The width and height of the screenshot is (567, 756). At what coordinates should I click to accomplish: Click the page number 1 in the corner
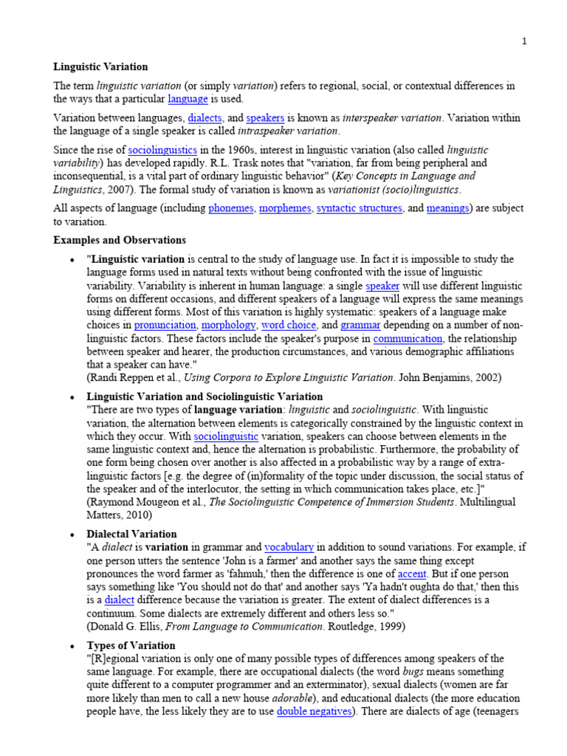coord(524,41)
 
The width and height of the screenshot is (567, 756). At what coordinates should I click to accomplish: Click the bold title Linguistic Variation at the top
coord(100,67)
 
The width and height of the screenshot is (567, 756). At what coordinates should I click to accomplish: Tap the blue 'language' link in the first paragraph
coord(188,99)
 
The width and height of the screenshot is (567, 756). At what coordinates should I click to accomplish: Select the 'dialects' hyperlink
coord(205,118)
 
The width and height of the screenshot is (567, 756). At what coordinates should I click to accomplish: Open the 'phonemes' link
coord(230,208)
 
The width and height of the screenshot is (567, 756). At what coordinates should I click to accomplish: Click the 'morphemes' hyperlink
coord(284,208)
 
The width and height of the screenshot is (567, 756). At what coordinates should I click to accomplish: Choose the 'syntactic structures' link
coord(360,208)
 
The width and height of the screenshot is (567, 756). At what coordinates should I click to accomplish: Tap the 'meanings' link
coord(447,208)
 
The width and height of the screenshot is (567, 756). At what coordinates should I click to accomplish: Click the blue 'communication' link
coord(408,339)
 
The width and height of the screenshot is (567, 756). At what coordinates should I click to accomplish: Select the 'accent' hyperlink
coord(412,574)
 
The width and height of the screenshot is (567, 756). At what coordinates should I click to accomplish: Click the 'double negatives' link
coord(315,712)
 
